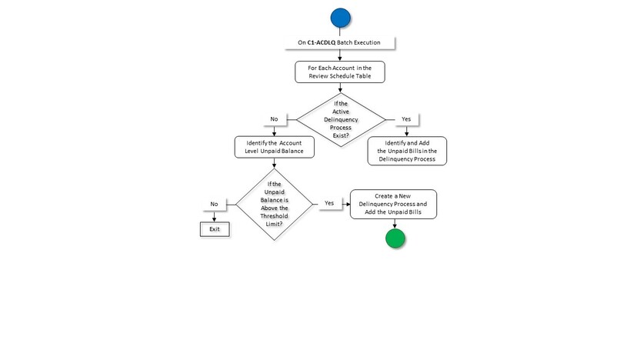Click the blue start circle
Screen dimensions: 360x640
(x=340, y=18)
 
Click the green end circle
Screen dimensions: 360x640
(x=394, y=238)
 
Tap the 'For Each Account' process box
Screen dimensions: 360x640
(x=340, y=72)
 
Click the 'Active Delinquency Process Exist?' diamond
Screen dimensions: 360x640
(x=340, y=118)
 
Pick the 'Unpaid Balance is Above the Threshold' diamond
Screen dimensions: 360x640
(x=274, y=204)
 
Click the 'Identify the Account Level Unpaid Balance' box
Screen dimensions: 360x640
(x=274, y=147)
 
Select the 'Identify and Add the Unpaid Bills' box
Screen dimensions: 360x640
(x=407, y=151)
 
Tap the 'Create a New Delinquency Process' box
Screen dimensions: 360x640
(x=393, y=204)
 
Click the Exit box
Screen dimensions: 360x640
(x=215, y=229)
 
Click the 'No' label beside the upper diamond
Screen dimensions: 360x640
(x=274, y=119)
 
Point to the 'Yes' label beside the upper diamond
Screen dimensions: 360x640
(x=407, y=119)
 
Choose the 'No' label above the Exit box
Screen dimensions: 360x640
(x=215, y=204)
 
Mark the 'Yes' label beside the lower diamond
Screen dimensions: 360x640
(x=328, y=203)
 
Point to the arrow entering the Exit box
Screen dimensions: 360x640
(x=215, y=218)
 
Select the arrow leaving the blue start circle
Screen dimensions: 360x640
(x=340, y=32)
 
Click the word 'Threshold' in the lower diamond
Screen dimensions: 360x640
(x=275, y=215)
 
